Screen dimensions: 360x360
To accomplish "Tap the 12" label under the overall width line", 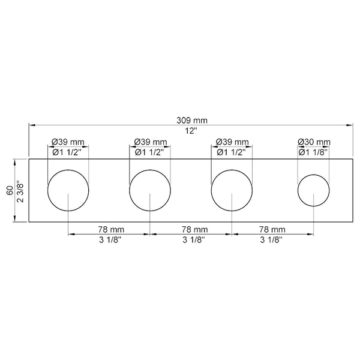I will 191,131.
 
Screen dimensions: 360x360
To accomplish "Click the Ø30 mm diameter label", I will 314,142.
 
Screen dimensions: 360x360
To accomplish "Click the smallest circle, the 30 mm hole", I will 313,190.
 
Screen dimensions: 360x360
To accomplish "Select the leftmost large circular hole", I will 68,190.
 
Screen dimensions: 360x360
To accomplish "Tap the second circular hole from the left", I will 150,190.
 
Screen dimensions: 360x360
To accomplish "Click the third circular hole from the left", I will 232,190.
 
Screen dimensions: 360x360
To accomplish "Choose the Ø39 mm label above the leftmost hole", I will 68,142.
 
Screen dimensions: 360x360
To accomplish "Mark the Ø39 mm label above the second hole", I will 150,142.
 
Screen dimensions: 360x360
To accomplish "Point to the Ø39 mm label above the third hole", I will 232,142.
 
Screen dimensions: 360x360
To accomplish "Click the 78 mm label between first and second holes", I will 109,229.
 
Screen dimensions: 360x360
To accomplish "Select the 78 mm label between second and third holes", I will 191,229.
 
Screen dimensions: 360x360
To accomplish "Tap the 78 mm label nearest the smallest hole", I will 272,229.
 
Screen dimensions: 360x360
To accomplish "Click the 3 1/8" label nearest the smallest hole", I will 272,239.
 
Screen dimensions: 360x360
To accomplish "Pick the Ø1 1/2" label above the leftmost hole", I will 68,152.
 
